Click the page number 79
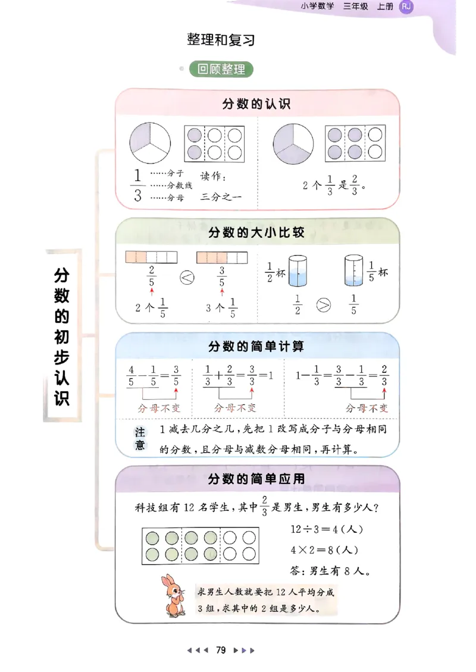(221, 650)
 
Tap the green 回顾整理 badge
(221, 70)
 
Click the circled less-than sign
(187, 277)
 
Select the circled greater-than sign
(324, 306)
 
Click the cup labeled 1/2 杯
(296, 271)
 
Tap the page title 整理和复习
(221, 40)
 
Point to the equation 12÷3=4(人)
(327, 529)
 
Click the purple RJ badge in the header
(406, 7)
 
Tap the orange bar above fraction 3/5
(221, 258)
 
